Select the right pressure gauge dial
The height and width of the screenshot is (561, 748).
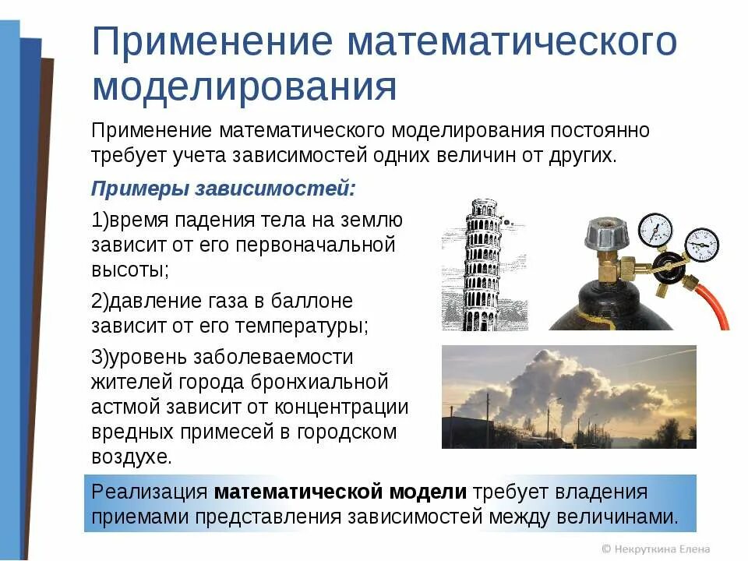tap(701, 244)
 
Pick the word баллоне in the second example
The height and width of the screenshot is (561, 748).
tap(312, 301)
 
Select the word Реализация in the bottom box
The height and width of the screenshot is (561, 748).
tap(149, 492)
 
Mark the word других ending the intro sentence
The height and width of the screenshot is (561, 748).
tap(577, 154)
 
